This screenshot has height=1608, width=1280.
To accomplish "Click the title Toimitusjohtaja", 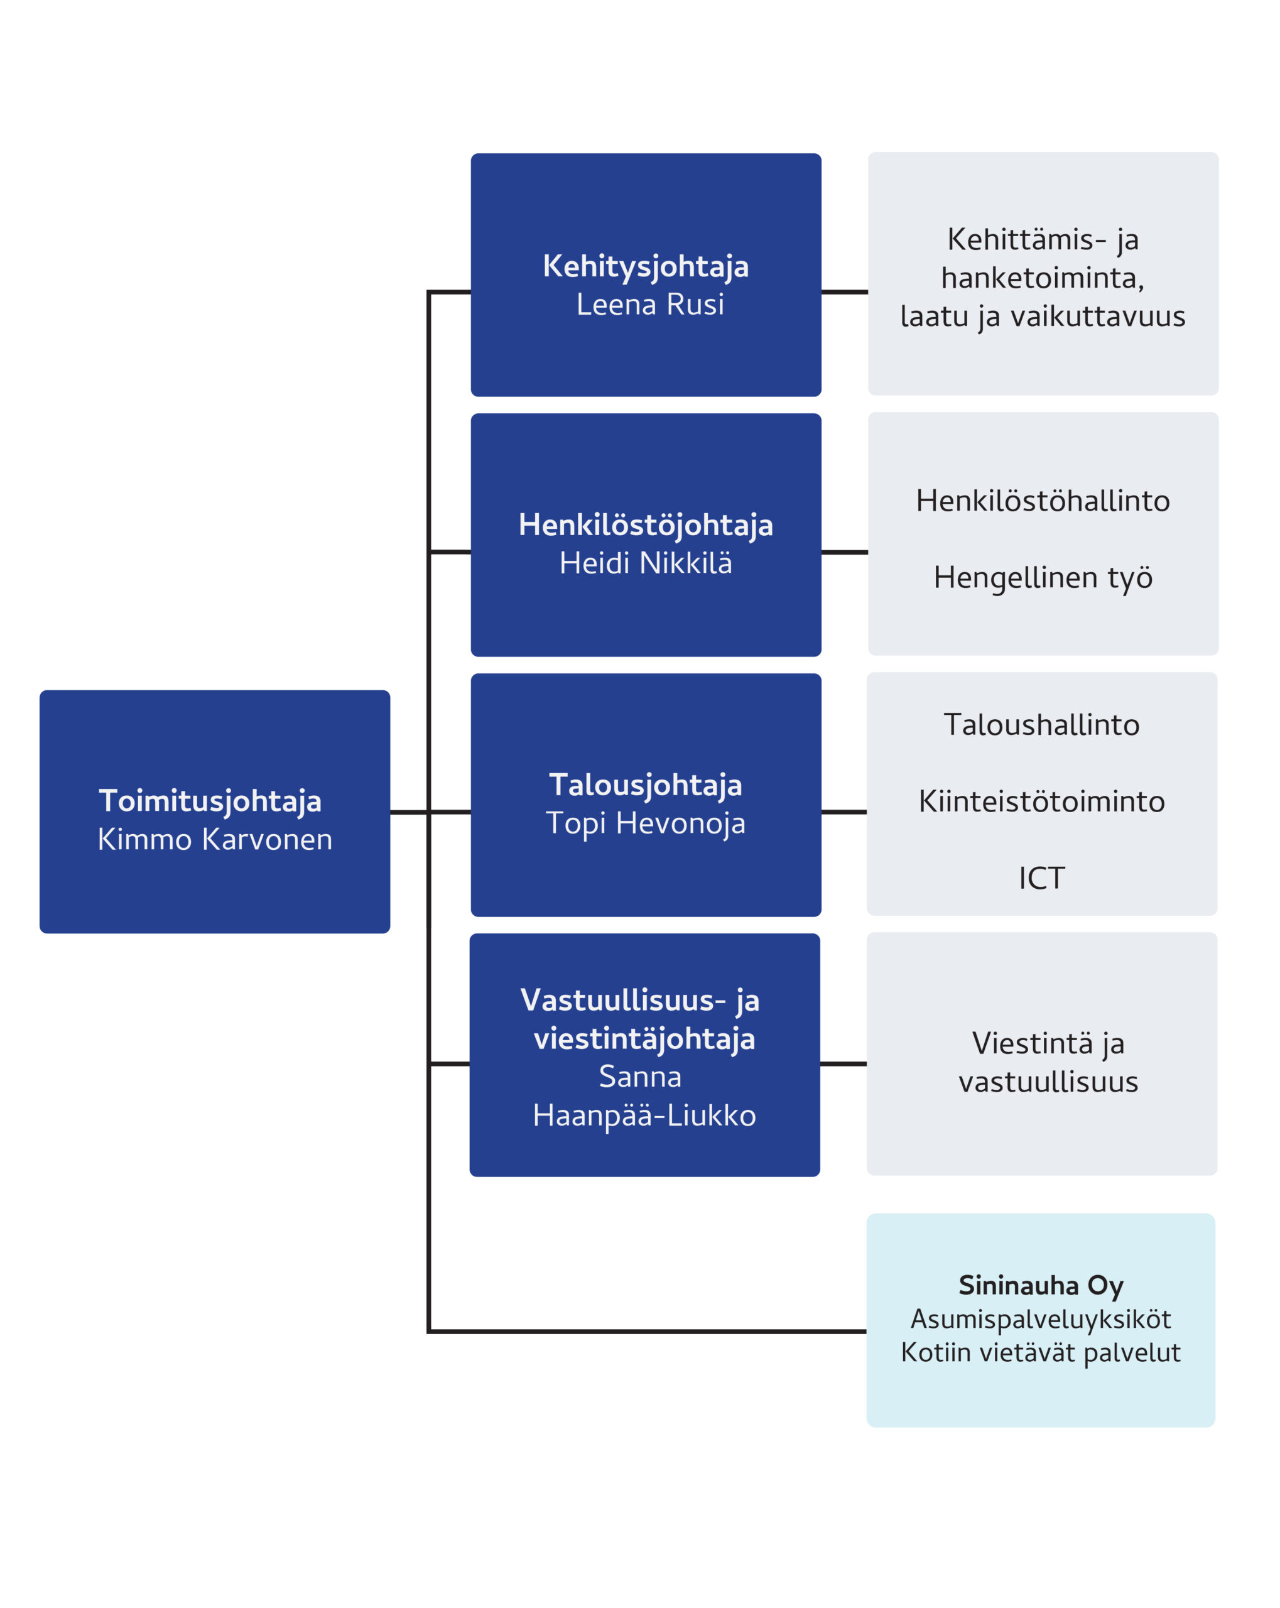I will click(x=210, y=801).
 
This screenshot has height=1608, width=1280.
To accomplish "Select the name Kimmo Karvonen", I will click(x=215, y=840).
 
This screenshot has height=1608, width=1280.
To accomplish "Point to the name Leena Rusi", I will click(x=649, y=304).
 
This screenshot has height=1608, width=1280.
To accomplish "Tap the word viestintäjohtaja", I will click(x=644, y=1038).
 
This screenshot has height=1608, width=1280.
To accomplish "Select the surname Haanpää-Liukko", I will click(x=644, y=1116).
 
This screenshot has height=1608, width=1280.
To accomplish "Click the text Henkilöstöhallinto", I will click(x=1042, y=501).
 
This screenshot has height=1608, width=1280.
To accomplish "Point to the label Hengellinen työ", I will click(x=1042, y=577).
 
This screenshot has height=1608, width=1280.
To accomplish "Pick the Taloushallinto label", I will click(x=1041, y=725).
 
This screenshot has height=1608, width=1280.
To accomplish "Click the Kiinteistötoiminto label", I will click(x=1041, y=801).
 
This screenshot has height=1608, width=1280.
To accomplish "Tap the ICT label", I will click(x=1041, y=879).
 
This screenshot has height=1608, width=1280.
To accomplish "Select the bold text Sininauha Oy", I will click(x=1040, y=1285).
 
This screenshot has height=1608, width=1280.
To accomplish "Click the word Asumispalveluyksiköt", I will click(x=1040, y=1318).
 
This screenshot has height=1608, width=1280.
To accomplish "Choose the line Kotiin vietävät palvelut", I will click(x=1040, y=1352).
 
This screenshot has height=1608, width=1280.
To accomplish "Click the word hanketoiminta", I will click(x=1041, y=278).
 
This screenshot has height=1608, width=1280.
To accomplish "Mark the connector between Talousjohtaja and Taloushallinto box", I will click(x=843, y=812).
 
